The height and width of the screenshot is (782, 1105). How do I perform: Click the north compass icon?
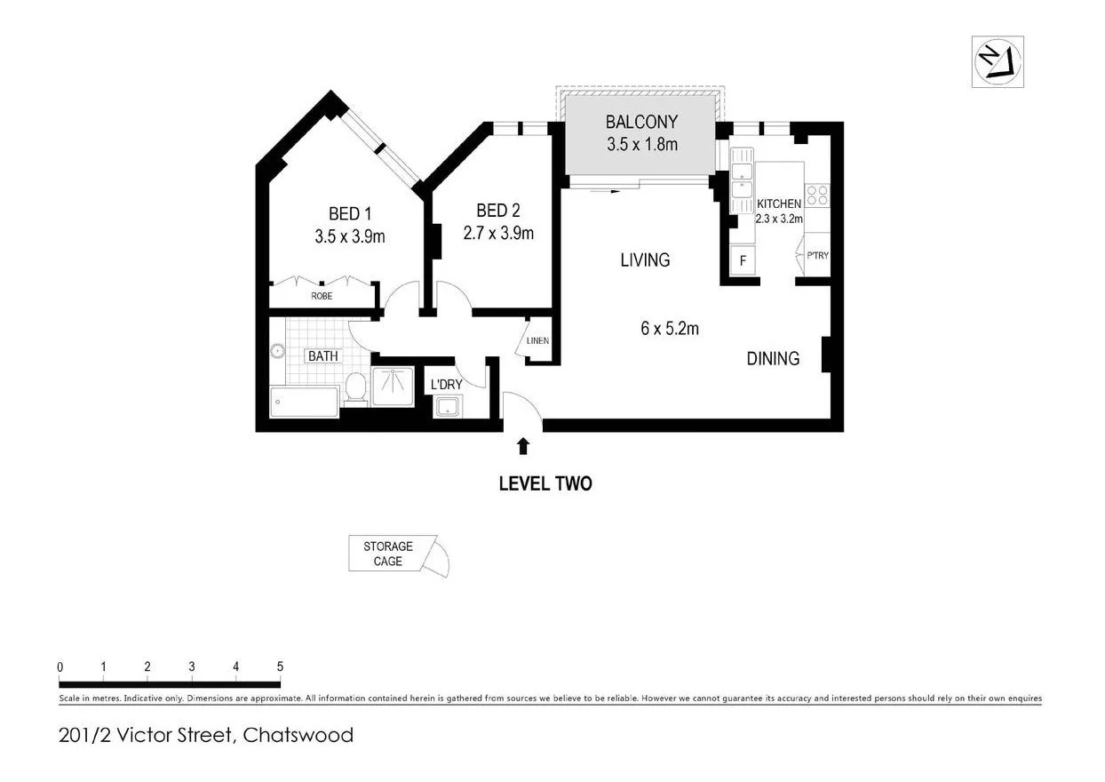pyautogui.click(x=998, y=62)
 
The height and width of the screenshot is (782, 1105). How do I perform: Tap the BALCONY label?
pyautogui.click(x=641, y=122)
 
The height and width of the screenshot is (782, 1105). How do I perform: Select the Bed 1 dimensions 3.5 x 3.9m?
pyautogui.click(x=349, y=236)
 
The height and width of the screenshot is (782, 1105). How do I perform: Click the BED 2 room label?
pyautogui.click(x=497, y=211)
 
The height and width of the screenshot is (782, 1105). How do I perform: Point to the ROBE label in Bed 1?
pyautogui.click(x=322, y=296)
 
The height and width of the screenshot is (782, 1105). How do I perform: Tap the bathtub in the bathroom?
pyautogui.click(x=305, y=402)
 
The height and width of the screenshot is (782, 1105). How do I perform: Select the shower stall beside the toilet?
pyautogui.click(x=393, y=387)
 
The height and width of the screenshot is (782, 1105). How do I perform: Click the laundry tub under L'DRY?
pyautogui.click(x=446, y=407)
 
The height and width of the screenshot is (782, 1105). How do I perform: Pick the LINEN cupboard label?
pyautogui.click(x=537, y=341)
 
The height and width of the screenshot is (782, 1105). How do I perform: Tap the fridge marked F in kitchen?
pyautogui.click(x=743, y=262)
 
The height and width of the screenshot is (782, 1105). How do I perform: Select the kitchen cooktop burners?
pyautogui.click(x=816, y=195)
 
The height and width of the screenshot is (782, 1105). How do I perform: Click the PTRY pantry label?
pyautogui.click(x=817, y=256)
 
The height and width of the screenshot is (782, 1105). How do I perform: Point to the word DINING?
pyautogui.click(x=772, y=359)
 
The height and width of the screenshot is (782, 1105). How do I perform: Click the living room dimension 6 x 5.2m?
pyautogui.click(x=669, y=328)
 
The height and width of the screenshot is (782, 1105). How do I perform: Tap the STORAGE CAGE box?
pyautogui.click(x=388, y=554)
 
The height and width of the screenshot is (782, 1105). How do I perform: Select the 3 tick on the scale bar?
pyautogui.click(x=192, y=666)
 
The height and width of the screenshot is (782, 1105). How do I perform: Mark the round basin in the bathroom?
pyautogui.click(x=278, y=351)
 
